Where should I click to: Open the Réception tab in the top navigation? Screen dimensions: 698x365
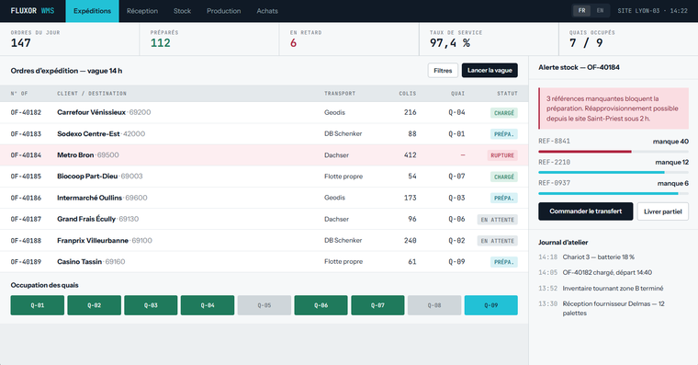click(x=142, y=11)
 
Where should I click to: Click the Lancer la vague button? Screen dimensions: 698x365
click(x=490, y=71)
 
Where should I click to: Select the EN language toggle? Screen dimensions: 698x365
click(x=600, y=11)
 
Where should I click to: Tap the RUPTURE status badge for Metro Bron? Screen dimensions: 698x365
click(x=502, y=155)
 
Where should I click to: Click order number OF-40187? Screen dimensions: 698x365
click(x=26, y=219)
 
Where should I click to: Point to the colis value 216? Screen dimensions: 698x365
click(x=410, y=112)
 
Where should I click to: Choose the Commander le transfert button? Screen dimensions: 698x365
click(x=585, y=211)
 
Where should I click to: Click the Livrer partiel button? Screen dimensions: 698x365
click(x=663, y=211)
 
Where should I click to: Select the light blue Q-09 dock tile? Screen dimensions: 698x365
click(x=491, y=305)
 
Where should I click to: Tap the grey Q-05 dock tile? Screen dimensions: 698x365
click(x=264, y=305)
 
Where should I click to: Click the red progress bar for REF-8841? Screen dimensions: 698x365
click(x=585, y=152)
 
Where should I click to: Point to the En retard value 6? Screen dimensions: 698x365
click(x=293, y=43)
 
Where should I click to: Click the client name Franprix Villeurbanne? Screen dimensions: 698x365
click(x=93, y=241)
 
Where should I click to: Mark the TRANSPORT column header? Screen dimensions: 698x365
click(x=340, y=94)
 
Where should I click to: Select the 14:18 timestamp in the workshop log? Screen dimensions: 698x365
click(x=547, y=257)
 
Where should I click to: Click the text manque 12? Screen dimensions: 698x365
click(x=671, y=162)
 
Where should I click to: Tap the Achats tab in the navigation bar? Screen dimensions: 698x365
click(x=267, y=11)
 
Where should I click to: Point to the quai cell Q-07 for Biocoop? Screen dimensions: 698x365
click(x=456, y=177)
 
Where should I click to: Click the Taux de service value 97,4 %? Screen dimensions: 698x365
click(x=450, y=43)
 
